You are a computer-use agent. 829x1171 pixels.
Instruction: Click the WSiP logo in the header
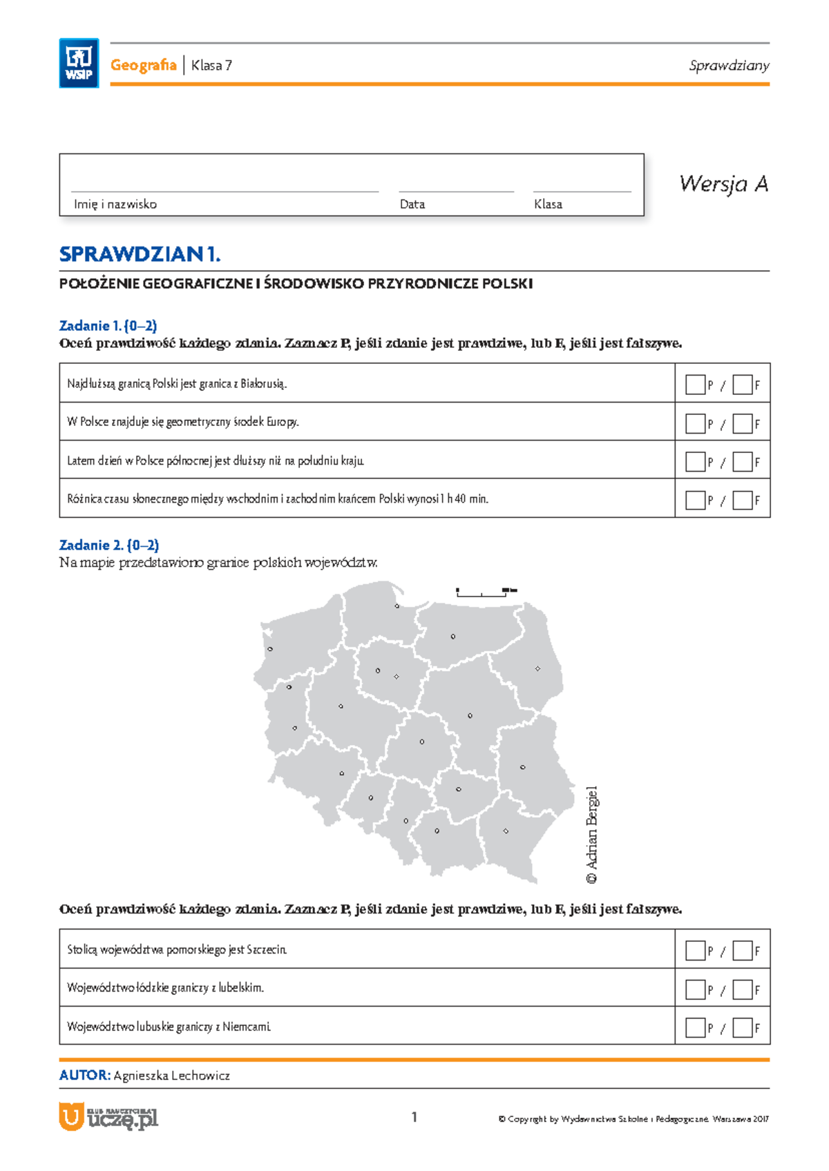pos(79,63)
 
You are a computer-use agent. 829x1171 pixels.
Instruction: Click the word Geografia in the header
pos(143,65)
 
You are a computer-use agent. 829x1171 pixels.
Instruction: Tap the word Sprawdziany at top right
pos(729,66)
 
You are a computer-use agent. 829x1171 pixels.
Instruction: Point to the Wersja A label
pos(723,184)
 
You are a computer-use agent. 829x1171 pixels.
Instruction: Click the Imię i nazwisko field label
pos(115,204)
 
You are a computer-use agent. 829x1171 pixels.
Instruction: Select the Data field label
pos(412,204)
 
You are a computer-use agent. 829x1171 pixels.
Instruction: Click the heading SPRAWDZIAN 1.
pos(140,254)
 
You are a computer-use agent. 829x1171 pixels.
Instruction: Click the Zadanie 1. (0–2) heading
pos(108,325)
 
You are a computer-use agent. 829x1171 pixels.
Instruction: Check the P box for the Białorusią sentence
pos(695,385)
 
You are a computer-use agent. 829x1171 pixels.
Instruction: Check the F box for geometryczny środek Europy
pos(742,423)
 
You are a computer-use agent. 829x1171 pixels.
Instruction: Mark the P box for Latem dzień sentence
pos(695,461)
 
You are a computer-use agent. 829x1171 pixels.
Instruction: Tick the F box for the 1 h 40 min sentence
pos(742,500)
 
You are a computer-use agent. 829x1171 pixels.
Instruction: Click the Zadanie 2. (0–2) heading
pos(109,545)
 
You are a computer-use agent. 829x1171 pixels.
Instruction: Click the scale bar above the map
pos(485,591)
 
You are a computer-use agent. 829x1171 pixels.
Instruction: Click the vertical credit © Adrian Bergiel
pos(592,835)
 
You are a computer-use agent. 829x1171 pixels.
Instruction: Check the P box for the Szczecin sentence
pos(695,951)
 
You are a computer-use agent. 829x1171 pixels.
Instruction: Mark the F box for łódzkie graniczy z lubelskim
pos(742,989)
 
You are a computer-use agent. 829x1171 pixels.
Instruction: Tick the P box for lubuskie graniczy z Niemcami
pos(695,1027)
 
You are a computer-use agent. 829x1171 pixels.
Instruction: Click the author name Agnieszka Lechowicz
pos(171,1075)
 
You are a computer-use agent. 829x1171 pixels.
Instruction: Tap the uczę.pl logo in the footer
pos(109,1116)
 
